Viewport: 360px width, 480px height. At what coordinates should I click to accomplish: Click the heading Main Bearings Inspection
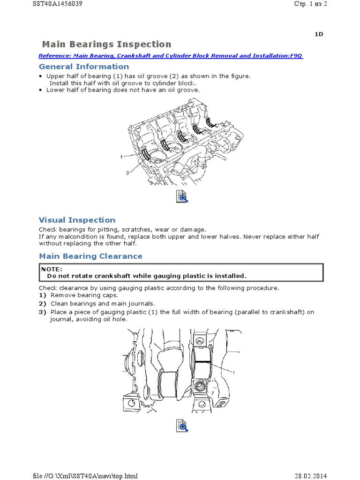106,45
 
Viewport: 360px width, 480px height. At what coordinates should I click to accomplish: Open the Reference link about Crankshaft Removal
171,56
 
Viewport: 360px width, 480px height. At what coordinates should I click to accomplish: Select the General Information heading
83,67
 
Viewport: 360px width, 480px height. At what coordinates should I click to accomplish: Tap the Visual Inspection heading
77,220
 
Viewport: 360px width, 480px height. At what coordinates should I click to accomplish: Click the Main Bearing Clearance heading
90,256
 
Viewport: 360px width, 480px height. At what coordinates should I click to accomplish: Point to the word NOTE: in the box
51,270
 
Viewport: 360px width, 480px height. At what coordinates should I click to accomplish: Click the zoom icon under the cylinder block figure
181,196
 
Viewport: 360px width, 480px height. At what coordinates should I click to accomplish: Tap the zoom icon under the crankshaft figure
181,426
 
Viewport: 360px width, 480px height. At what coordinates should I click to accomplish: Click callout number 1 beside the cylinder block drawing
121,156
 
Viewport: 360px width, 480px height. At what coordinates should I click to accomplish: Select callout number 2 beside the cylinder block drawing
127,172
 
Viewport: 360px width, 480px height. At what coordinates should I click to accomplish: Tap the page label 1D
318,34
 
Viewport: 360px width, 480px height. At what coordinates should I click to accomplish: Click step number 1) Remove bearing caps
42,296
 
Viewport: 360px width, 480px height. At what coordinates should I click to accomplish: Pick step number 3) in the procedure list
42,312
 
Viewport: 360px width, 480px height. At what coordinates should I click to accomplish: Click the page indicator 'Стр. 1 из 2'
311,4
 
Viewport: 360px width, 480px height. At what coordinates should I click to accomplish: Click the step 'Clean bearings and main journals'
102,304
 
